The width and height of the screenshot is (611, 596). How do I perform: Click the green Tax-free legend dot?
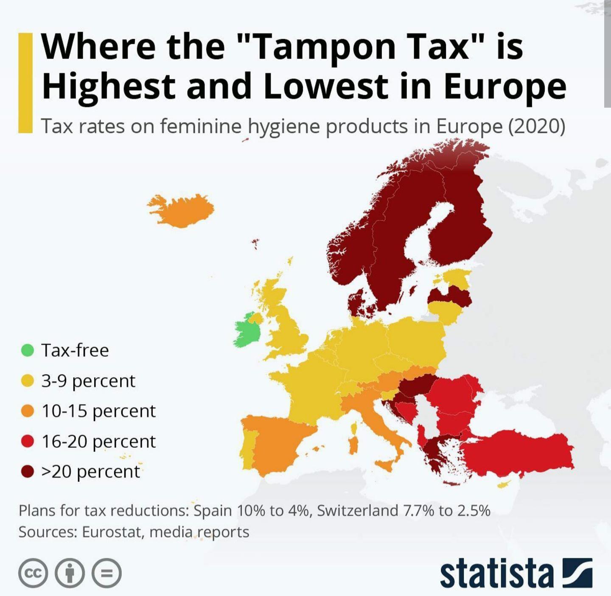pyautogui.click(x=28, y=350)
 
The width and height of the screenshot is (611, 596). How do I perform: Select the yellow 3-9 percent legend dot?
pyautogui.click(x=28, y=381)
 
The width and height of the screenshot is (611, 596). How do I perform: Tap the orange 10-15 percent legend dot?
pyautogui.click(x=28, y=411)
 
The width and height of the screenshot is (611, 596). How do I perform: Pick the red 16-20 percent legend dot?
pyautogui.click(x=28, y=441)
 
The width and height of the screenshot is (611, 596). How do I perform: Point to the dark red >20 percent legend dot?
pyautogui.click(x=28, y=471)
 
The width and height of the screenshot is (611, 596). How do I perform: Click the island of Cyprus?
pyautogui.click(x=503, y=484)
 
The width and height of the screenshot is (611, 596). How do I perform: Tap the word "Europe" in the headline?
pyautogui.click(x=505, y=86)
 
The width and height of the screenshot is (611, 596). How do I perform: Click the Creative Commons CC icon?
pyautogui.click(x=33, y=573)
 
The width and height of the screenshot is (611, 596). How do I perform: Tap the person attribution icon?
pyautogui.click(x=70, y=573)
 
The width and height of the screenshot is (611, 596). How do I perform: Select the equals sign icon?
pyautogui.click(x=107, y=573)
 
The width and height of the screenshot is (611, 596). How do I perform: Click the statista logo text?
pyautogui.click(x=496, y=573)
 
